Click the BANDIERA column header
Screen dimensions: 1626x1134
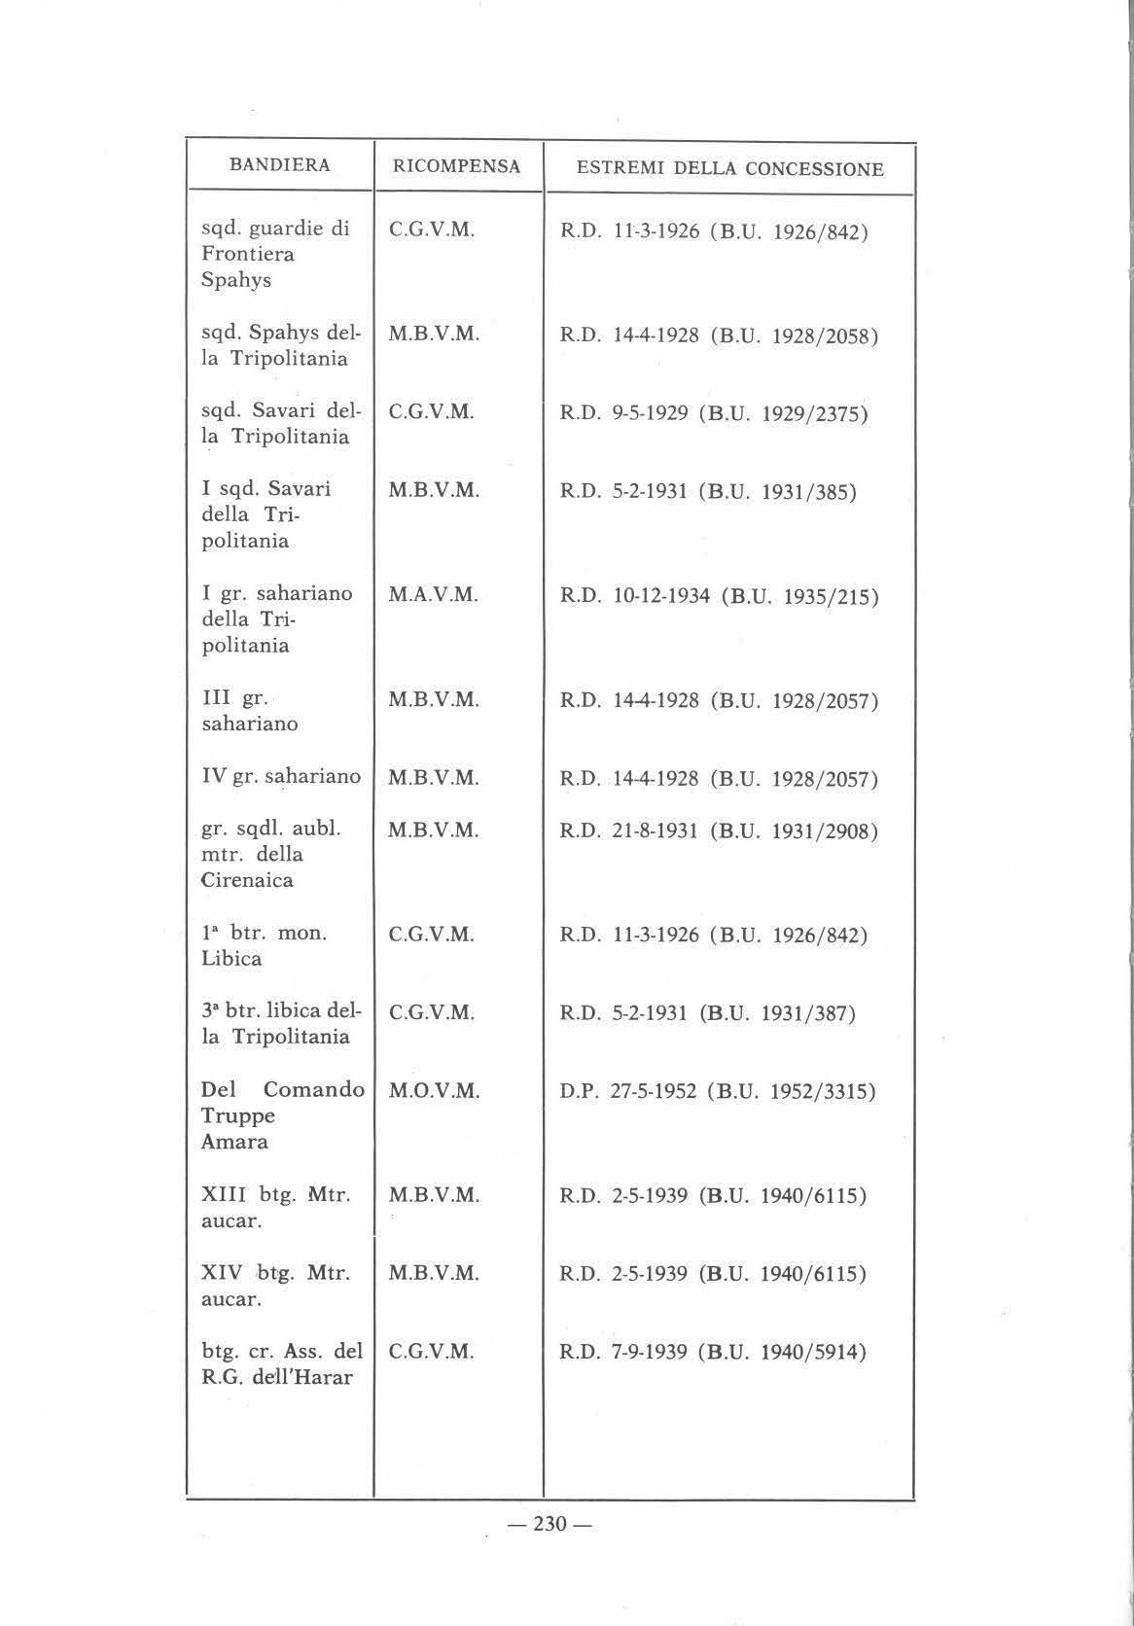tap(279, 165)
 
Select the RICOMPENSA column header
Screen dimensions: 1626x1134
tap(456, 166)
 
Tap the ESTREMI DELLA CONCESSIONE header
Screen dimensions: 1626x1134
tap(730, 169)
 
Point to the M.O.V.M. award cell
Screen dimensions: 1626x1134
tap(434, 1091)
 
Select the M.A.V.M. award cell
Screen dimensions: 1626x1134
tap(434, 594)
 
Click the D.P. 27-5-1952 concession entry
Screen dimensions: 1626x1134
tap(718, 1091)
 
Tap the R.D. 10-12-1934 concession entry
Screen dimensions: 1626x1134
tap(719, 595)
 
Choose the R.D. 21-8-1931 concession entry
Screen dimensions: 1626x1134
tap(719, 831)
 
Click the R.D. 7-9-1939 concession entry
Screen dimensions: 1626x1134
tap(713, 1352)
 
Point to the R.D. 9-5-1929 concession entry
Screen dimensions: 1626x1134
tap(714, 413)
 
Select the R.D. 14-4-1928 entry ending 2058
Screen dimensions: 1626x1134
tap(719, 336)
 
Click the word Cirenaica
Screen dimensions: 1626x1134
tap(247, 880)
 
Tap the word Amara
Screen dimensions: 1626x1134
tap(234, 1142)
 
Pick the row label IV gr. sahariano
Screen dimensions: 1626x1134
tap(280, 776)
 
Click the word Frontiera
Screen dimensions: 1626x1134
tap(247, 255)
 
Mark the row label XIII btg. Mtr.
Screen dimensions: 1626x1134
tap(275, 1195)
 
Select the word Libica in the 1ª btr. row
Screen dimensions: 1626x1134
tap(231, 959)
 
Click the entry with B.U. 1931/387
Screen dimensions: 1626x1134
tap(707, 1013)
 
